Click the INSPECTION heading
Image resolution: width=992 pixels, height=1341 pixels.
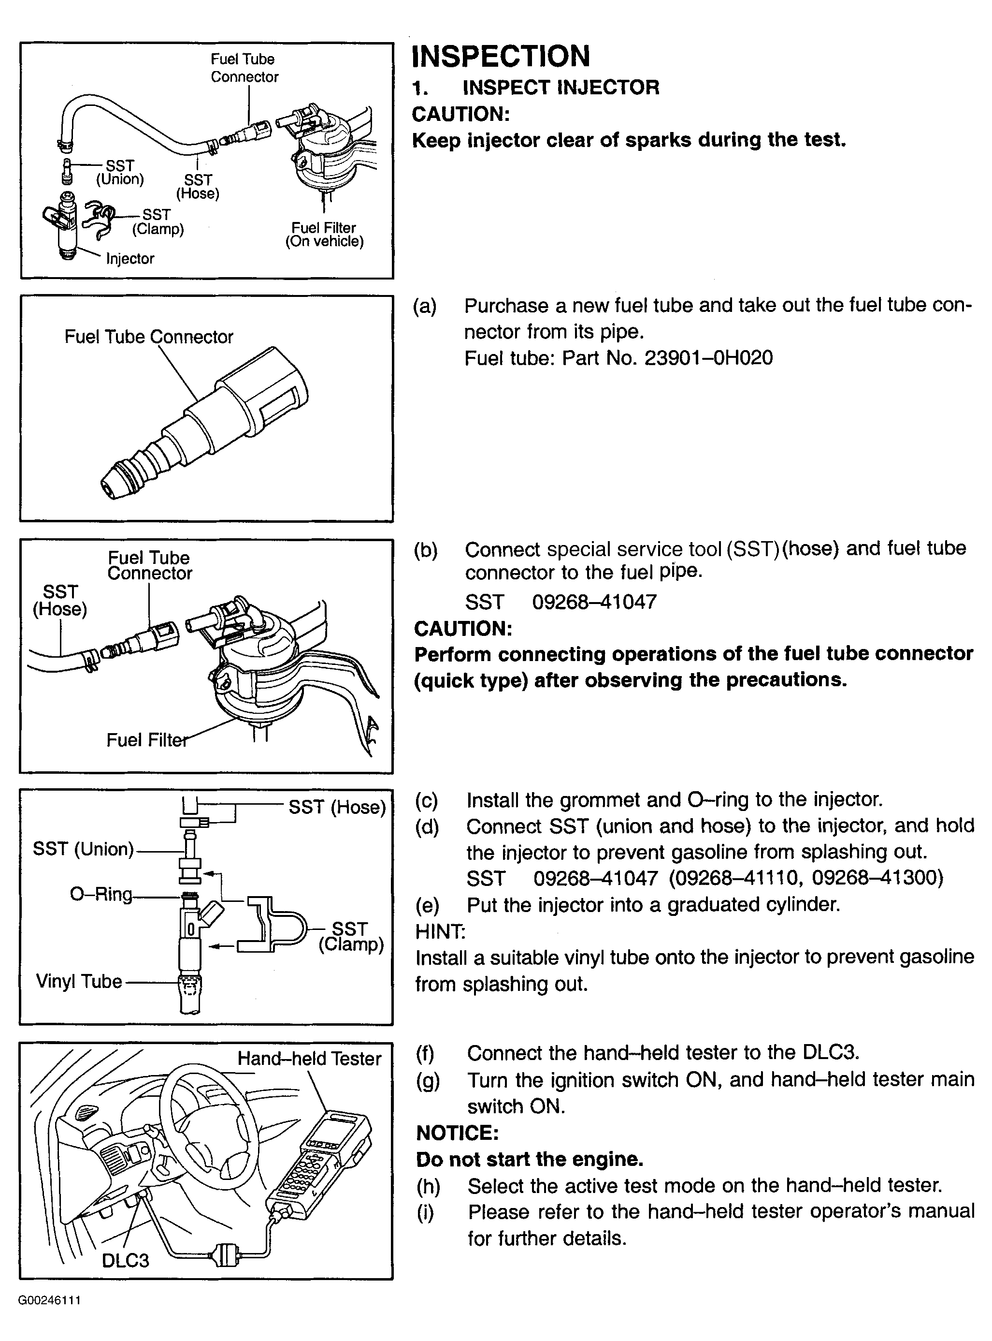click(x=501, y=57)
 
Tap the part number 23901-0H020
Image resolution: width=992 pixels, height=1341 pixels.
click(x=708, y=358)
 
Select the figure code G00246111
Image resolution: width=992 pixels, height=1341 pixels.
click(x=49, y=1301)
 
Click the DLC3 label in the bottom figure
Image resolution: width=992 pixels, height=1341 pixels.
click(x=125, y=1259)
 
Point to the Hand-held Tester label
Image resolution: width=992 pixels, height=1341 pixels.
click(x=309, y=1058)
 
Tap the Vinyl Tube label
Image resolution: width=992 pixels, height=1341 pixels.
click(x=79, y=981)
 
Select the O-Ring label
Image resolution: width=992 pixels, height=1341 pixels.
click(x=101, y=894)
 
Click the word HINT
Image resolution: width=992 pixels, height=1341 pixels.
click(x=440, y=931)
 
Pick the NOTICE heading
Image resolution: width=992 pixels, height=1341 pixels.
click(x=457, y=1133)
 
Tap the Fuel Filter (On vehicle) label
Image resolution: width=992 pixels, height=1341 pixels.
click(x=324, y=235)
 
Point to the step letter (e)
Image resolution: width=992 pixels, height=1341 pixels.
click(x=427, y=905)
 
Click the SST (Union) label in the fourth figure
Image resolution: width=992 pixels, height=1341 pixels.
click(x=83, y=849)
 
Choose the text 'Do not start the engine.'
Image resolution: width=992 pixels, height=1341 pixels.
click(x=530, y=1159)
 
